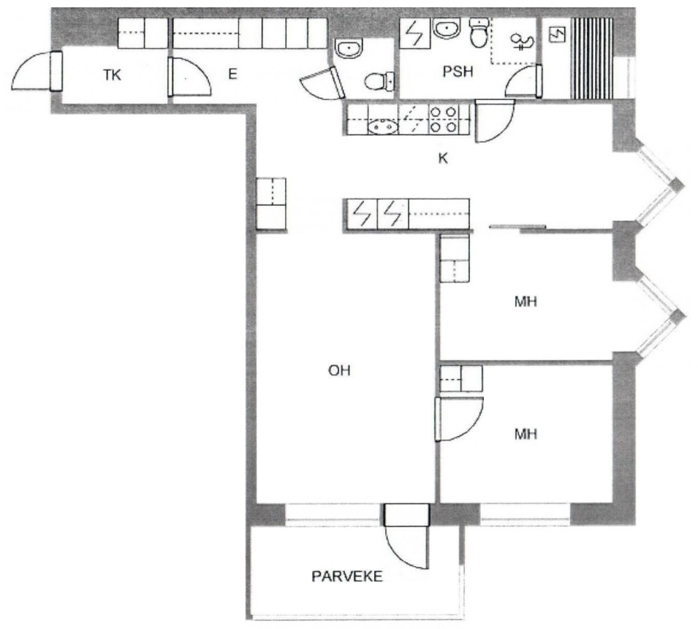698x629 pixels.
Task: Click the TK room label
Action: (x=112, y=75)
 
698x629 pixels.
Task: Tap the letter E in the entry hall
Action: (x=232, y=74)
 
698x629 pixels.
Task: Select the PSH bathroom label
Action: (x=458, y=72)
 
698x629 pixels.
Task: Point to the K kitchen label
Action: (x=443, y=159)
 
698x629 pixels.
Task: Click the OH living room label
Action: (x=339, y=370)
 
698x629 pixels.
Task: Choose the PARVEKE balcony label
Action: (x=346, y=576)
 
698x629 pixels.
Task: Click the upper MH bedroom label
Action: (x=526, y=302)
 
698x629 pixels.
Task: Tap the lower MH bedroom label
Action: (x=526, y=434)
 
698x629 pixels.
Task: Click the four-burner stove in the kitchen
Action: (x=444, y=120)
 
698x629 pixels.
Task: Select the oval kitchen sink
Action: (x=383, y=127)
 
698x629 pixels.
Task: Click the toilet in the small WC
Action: (x=379, y=81)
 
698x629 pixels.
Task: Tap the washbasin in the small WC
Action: (x=349, y=48)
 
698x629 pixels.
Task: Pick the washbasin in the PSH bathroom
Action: (x=447, y=28)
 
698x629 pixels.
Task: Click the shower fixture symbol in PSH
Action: (x=522, y=42)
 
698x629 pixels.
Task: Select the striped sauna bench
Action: (x=592, y=58)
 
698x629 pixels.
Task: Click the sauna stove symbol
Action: (x=558, y=34)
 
